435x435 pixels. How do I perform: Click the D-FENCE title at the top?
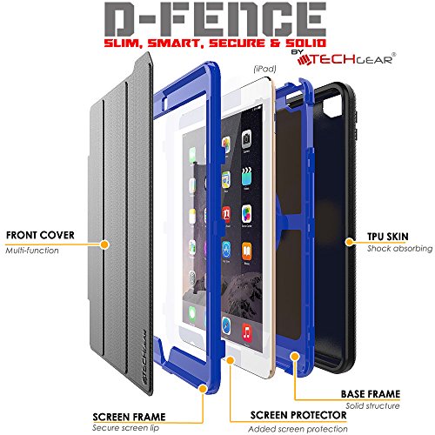click(x=215, y=19)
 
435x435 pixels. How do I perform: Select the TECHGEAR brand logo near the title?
click(x=346, y=59)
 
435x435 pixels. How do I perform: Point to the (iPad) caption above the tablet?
click(x=264, y=69)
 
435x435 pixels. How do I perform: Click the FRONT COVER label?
click(x=40, y=235)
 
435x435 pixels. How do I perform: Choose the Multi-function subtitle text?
click(x=32, y=251)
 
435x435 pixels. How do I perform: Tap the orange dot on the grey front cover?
click(x=104, y=244)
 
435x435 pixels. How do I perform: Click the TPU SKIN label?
click(x=388, y=237)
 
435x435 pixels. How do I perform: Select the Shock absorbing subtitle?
click(x=399, y=249)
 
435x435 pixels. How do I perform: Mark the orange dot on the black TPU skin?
click(x=350, y=242)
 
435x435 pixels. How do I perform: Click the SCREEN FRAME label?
click(x=129, y=417)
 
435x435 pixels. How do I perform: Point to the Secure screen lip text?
click(x=125, y=428)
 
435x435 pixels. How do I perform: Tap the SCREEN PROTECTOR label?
click(x=298, y=415)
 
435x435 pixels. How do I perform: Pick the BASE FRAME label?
click(x=371, y=394)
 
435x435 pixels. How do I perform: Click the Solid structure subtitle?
click(x=372, y=405)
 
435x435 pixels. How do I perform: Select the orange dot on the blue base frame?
click(x=295, y=357)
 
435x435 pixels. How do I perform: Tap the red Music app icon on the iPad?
click(x=246, y=332)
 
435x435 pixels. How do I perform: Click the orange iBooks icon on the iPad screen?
click(x=246, y=251)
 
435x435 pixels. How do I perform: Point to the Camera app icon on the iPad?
click(x=246, y=139)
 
